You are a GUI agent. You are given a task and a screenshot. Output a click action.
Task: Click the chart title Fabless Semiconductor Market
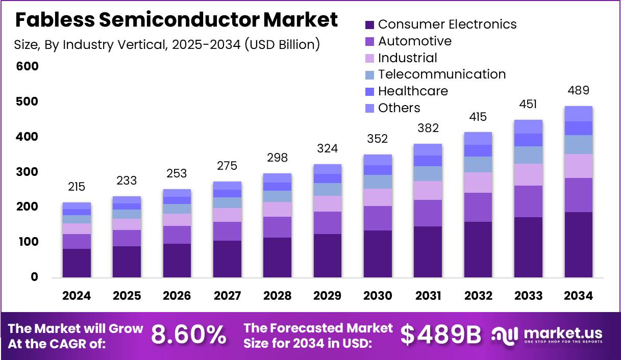[176, 20]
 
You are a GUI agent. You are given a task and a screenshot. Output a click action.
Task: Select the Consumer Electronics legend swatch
[370, 24]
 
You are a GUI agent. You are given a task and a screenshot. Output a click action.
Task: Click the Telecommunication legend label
[442, 74]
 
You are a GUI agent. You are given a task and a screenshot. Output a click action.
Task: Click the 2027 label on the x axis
[227, 296]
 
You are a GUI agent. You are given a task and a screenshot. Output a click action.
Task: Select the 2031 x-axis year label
[428, 296]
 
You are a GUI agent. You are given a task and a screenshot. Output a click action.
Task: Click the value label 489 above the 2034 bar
[578, 91]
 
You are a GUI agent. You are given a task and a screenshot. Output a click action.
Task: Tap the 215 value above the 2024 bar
[77, 187]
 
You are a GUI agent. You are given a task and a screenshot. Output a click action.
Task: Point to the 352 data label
[378, 139]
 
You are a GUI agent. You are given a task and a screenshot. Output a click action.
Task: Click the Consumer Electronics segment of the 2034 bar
[578, 245]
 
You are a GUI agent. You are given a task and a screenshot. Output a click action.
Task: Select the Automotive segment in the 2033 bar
[528, 201]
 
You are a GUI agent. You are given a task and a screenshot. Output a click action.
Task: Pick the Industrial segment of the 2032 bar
[478, 183]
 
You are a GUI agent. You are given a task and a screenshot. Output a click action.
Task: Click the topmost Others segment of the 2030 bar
[378, 160]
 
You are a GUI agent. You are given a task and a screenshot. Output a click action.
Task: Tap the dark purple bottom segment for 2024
[77, 263]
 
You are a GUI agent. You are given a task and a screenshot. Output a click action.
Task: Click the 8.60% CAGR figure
[189, 335]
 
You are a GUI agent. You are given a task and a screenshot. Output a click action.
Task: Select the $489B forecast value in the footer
[441, 335]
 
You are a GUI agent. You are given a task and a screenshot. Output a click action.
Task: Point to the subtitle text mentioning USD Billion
[167, 45]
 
